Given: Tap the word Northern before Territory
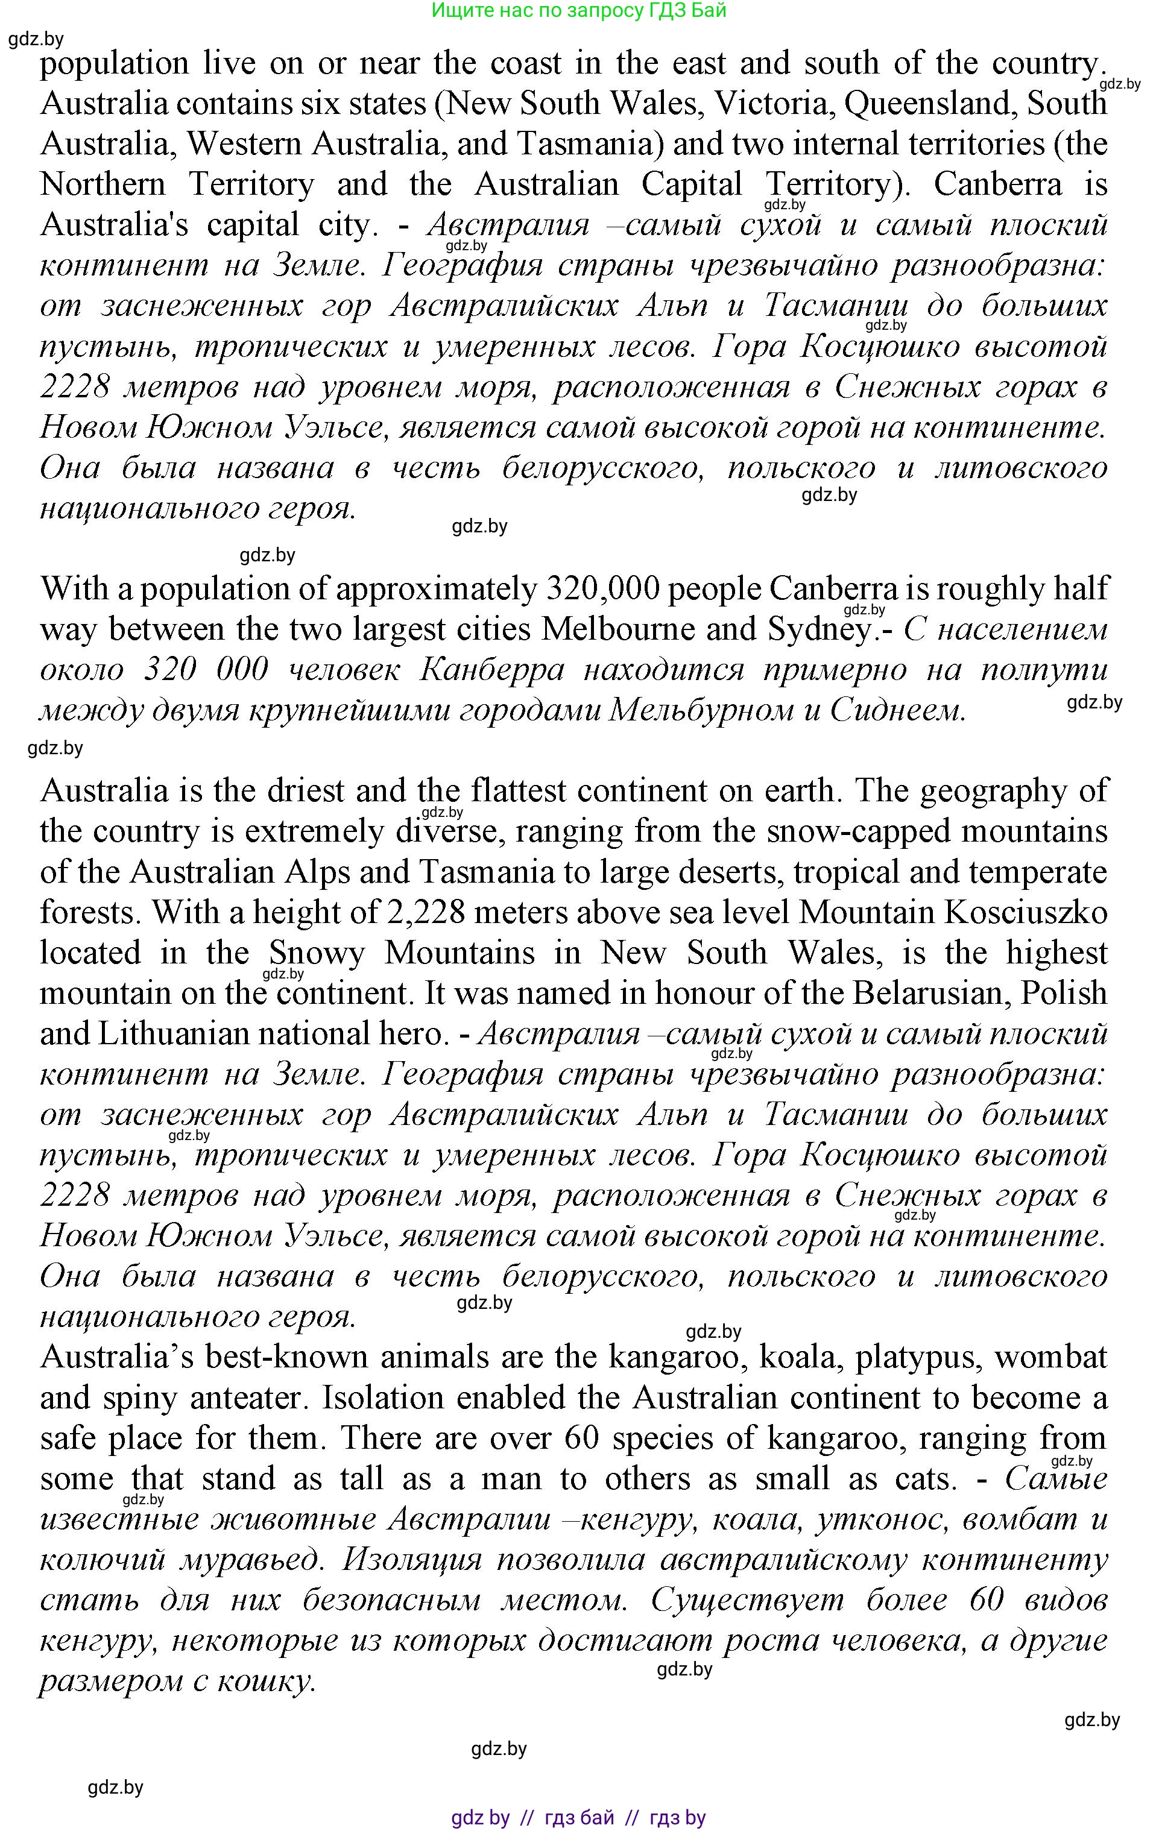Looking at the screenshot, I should pyautogui.click(x=102, y=184).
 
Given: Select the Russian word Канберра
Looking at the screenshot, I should pyautogui.click(x=492, y=670).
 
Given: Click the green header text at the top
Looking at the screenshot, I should pyautogui.click(x=579, y=11).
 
